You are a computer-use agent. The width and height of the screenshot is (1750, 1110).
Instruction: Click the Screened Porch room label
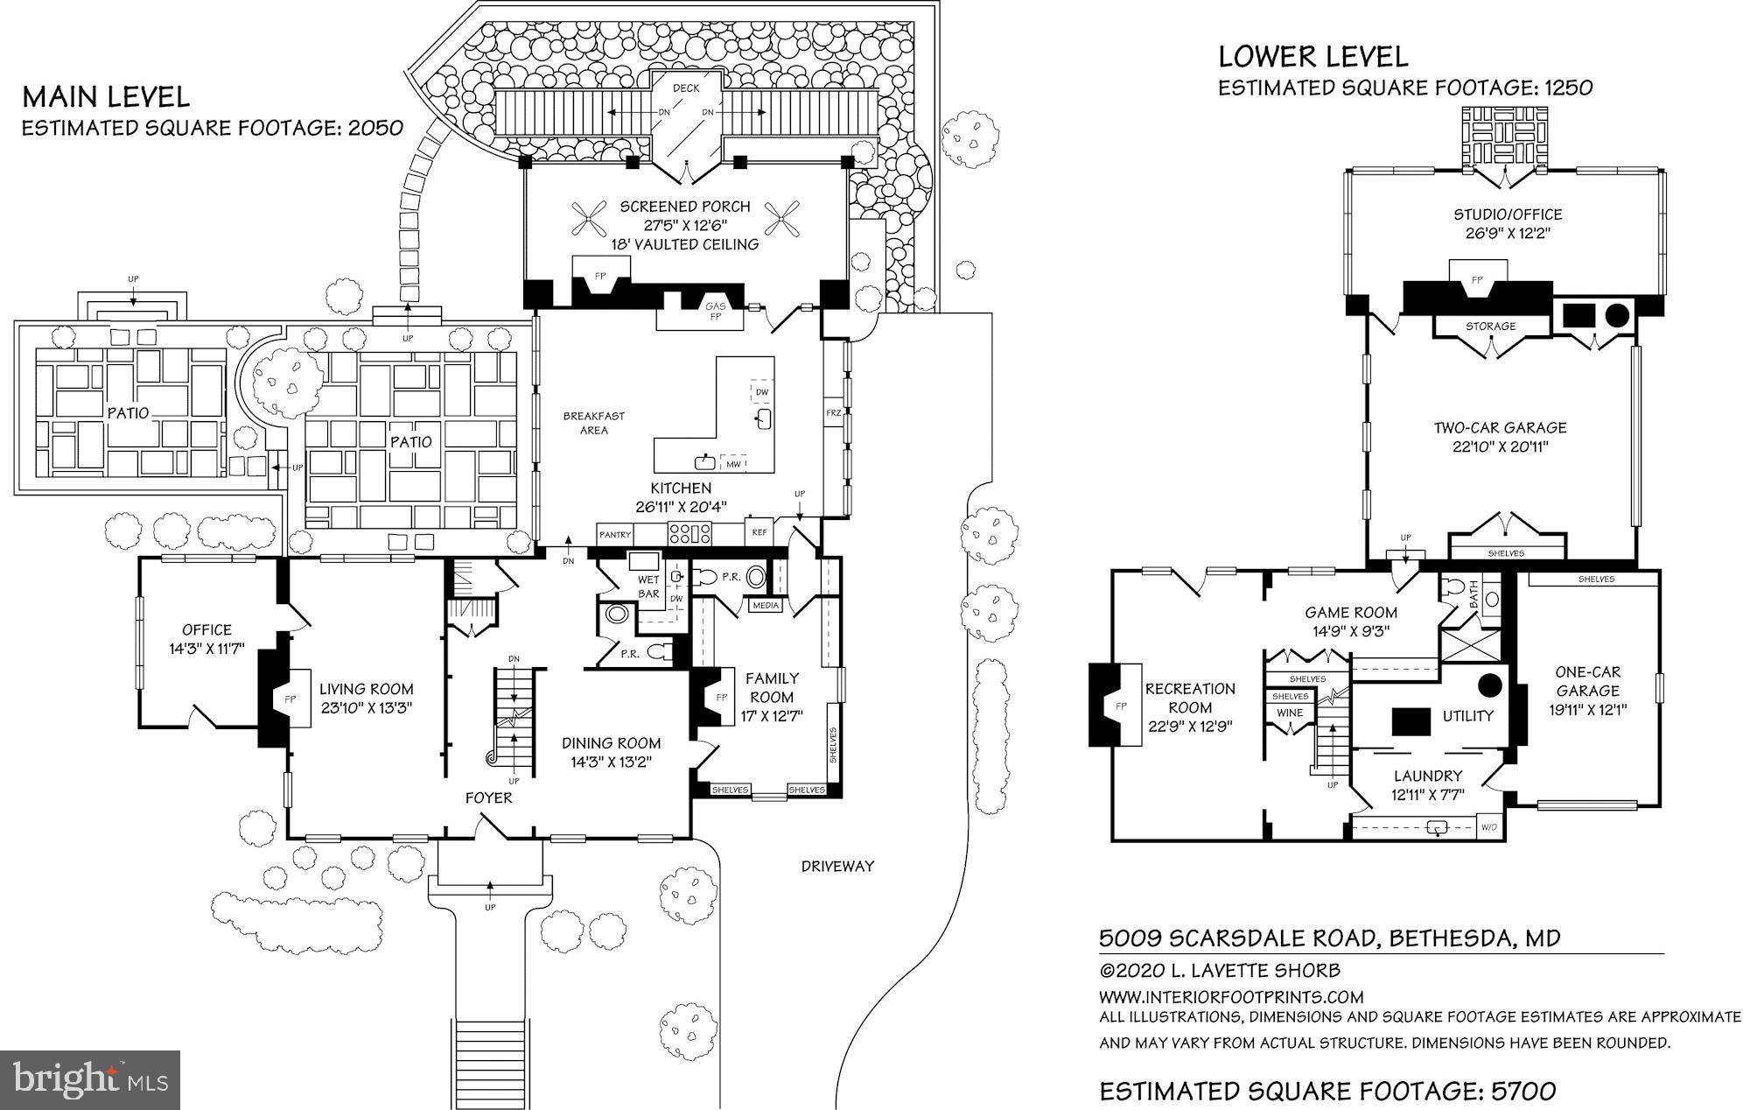tap(685, 207)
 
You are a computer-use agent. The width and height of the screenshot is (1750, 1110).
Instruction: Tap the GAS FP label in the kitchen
tap(715, 311)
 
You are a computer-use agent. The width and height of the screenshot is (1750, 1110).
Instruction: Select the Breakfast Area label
tap(593, 423)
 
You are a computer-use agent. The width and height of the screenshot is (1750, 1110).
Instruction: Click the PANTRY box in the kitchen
tap(615, 535)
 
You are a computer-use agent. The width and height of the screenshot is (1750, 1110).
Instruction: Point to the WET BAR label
tap(648, 587)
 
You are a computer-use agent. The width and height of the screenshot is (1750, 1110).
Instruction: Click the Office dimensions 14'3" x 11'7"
tap(206, 650)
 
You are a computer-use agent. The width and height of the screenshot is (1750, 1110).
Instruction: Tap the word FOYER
tap(488, 797)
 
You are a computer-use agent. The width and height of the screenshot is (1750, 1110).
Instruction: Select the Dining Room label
tap(611, 743)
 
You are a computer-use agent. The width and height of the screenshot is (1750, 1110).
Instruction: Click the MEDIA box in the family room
tap(766, 606)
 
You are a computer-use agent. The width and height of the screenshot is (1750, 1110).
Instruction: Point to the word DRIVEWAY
tap(837, 867)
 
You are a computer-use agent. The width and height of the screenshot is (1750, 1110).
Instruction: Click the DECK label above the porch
tap(686, 88)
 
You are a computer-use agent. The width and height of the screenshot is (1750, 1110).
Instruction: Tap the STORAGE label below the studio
tap(1490, 327)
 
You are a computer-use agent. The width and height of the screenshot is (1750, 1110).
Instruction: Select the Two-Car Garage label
tap(1500, 428)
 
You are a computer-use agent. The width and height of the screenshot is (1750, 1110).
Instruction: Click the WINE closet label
tap(1290, 713)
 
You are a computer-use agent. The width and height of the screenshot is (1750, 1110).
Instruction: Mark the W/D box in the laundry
tap(1487, 827)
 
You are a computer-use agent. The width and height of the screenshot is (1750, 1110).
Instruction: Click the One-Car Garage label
tap(1587, 682)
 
